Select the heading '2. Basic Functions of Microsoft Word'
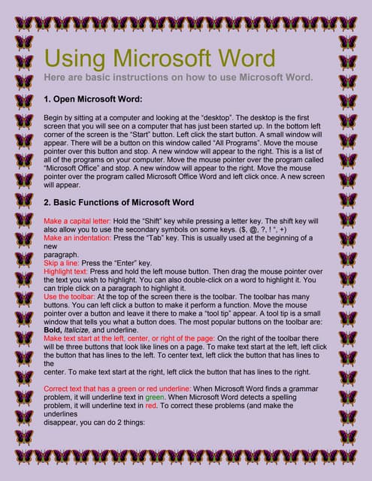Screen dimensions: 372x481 119,202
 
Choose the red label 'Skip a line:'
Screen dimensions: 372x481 64,264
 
